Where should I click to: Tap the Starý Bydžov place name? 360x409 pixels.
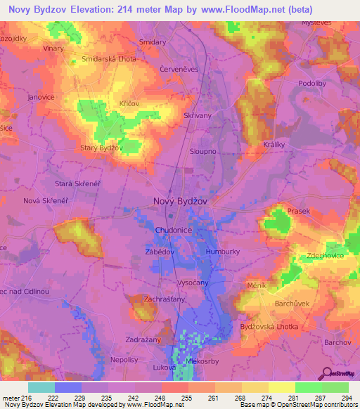(x=102, y=148)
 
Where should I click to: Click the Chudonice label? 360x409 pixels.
(x=174, y=230)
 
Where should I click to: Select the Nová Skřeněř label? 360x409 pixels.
(x=46, y=201)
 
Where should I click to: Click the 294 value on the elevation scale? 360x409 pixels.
(x=347, y=398)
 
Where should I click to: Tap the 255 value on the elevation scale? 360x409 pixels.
(x=187, y=398)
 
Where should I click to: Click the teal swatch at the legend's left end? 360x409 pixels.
(x=41, y=387)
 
